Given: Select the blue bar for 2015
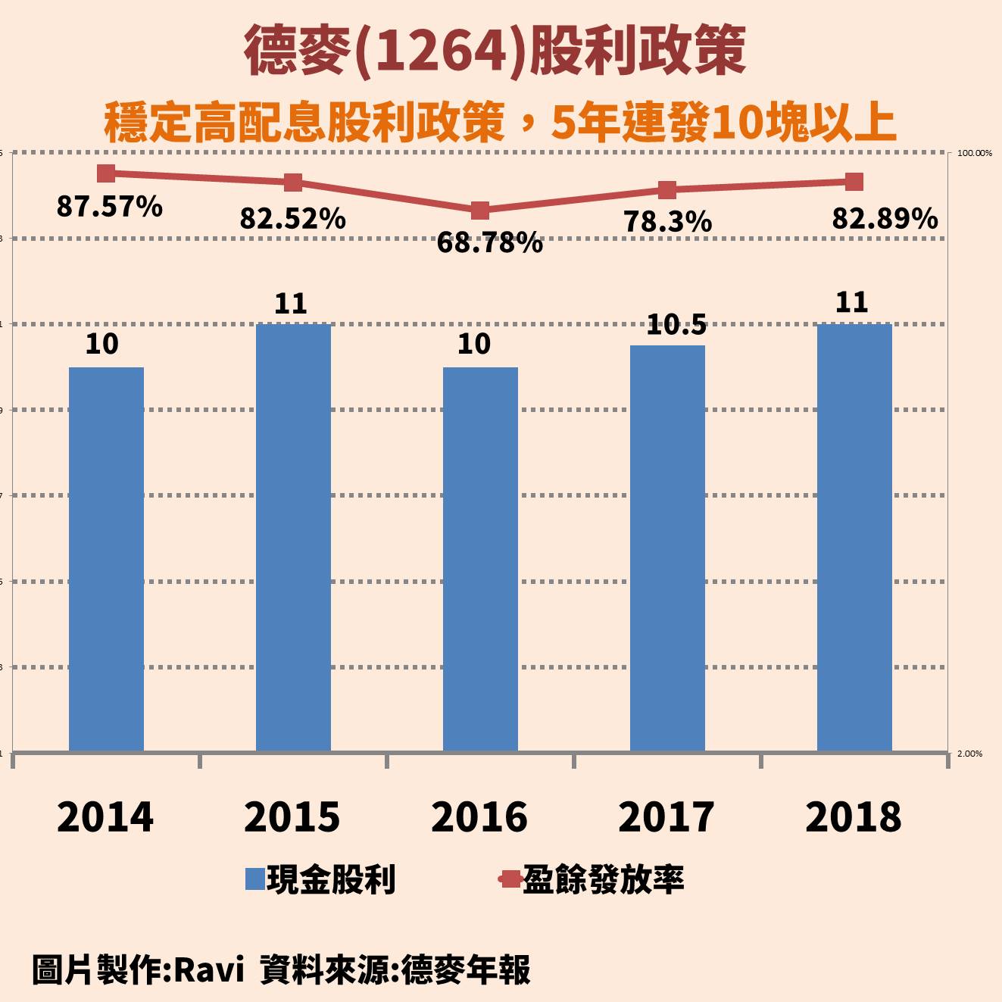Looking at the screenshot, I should [293, 538].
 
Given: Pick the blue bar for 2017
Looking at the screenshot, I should [667, 548].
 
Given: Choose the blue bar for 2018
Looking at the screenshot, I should [854, 538].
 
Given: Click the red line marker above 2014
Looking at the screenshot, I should [106, 173].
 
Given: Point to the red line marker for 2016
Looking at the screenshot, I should [480, 210].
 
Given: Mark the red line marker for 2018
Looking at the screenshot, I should [854, 182].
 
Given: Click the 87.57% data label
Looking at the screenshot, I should [110, 206].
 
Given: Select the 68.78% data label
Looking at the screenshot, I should [490, 243].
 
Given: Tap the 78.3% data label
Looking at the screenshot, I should [667, 222].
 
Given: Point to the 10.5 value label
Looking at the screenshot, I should [676, 325].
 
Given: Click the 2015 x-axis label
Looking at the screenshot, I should [292, 817].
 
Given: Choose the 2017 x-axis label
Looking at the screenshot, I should [666, 817].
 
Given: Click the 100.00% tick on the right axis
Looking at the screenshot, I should [975, 153].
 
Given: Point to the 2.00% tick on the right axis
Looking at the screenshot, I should [970, 754].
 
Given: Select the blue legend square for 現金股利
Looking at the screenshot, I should [255, 879].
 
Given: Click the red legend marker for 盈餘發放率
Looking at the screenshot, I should [510, 879].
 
